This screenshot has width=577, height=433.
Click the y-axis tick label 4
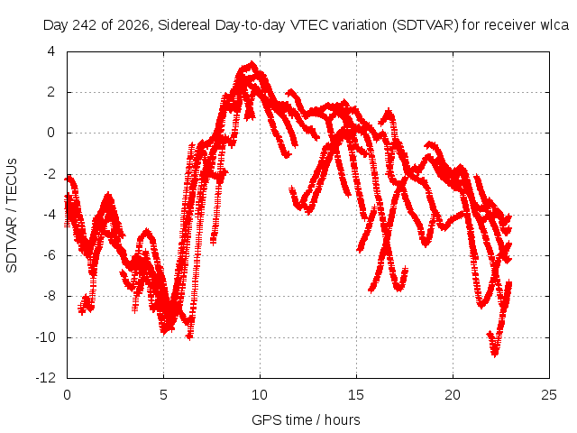[x=50, y=51]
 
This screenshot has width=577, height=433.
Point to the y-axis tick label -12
[x=46, y=377]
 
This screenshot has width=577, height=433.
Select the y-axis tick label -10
[x=46, y=336]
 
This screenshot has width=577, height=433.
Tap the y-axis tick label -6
[x=49, y=255]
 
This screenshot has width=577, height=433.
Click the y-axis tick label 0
[x=50, y=133]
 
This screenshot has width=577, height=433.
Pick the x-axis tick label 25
[x=549, y=395]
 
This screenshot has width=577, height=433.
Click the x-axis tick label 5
[x=163, y=395]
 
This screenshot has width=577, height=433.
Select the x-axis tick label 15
[x=356, y=395]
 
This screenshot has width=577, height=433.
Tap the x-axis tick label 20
[x=453, y=395]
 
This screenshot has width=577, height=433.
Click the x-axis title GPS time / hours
[x=306, y=419]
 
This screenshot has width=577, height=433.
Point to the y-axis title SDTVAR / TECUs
[x=12, y=216]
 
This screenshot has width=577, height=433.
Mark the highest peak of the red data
[x=252, y=63]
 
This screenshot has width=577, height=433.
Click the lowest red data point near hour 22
[x=495, y=355]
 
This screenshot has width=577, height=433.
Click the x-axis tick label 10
[x=260, y=395]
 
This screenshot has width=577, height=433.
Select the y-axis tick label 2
[x=50, y=92]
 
